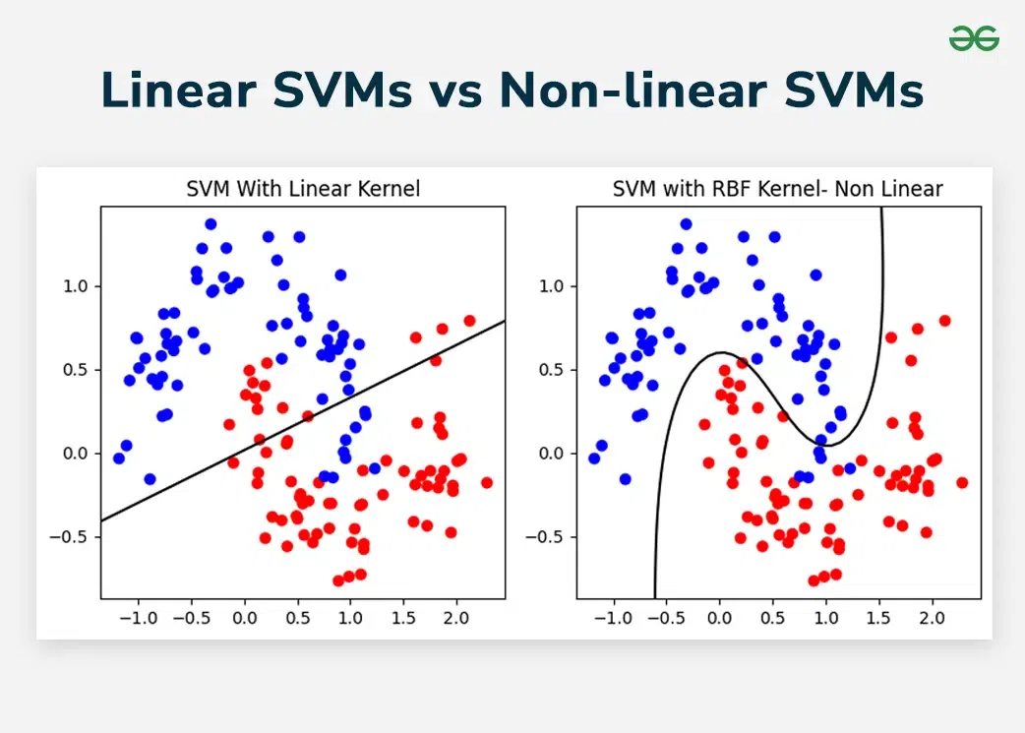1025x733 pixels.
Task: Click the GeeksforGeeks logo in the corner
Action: click(974, 38)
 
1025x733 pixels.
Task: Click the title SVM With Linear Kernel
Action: click(303, 189)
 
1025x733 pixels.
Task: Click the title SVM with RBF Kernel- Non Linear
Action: click(778, 189)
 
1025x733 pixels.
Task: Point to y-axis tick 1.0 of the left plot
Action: click(78, 286)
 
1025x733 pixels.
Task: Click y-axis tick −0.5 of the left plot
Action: click(74, 537)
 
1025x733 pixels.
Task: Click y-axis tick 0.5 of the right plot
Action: click(554, 370)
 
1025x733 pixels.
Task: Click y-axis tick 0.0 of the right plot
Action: click(554, 454)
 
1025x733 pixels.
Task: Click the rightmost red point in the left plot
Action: click(486, 482)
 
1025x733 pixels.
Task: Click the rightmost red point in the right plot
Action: click(962, 482)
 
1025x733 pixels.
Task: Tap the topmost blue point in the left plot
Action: click(211, 224)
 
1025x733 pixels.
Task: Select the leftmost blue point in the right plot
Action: click(594, 458)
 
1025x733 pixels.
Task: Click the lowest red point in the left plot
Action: click(338, 580)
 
